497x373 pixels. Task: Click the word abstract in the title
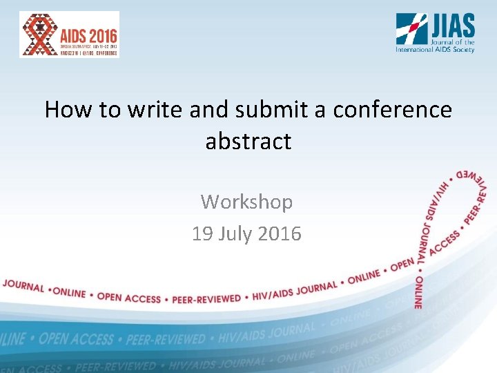click(x=248, y=142)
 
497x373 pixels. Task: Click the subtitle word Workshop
click(x=247, y=202)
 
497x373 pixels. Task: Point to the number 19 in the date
click(x=202, y=234)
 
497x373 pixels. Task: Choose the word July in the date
click(x=235, y=234)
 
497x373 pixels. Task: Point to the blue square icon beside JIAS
click(x=411, y=29)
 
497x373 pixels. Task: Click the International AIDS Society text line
click(x=435, y=50)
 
